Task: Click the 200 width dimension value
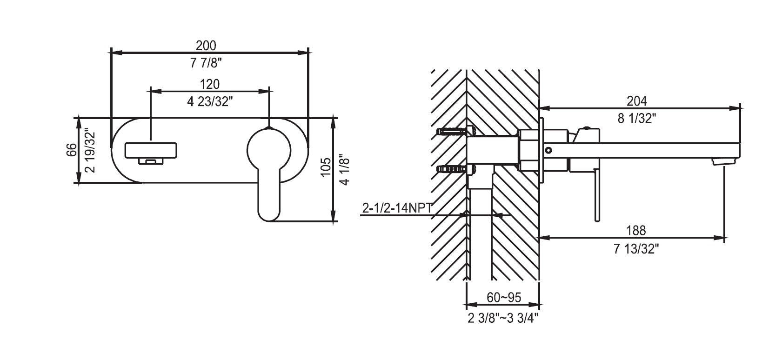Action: pos(206,45)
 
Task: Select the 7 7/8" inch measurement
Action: pos(206,64)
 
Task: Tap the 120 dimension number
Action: pos(209,84)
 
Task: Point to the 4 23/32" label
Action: pos(209,102)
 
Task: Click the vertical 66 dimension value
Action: pos(71,150)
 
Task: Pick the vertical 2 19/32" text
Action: pos(90,150)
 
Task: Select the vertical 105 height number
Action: pos(326,167)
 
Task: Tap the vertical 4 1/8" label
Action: pos(345,169)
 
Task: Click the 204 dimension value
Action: pos(637,100)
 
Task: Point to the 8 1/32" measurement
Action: pos(637,119)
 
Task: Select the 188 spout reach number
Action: pos(636,230)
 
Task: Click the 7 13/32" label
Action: pos(636,249)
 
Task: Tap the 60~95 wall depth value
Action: pos(504,297)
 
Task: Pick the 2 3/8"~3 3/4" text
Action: pos(503,318)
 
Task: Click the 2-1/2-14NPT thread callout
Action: pos(396,208)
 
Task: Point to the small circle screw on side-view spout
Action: pos(549,150)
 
